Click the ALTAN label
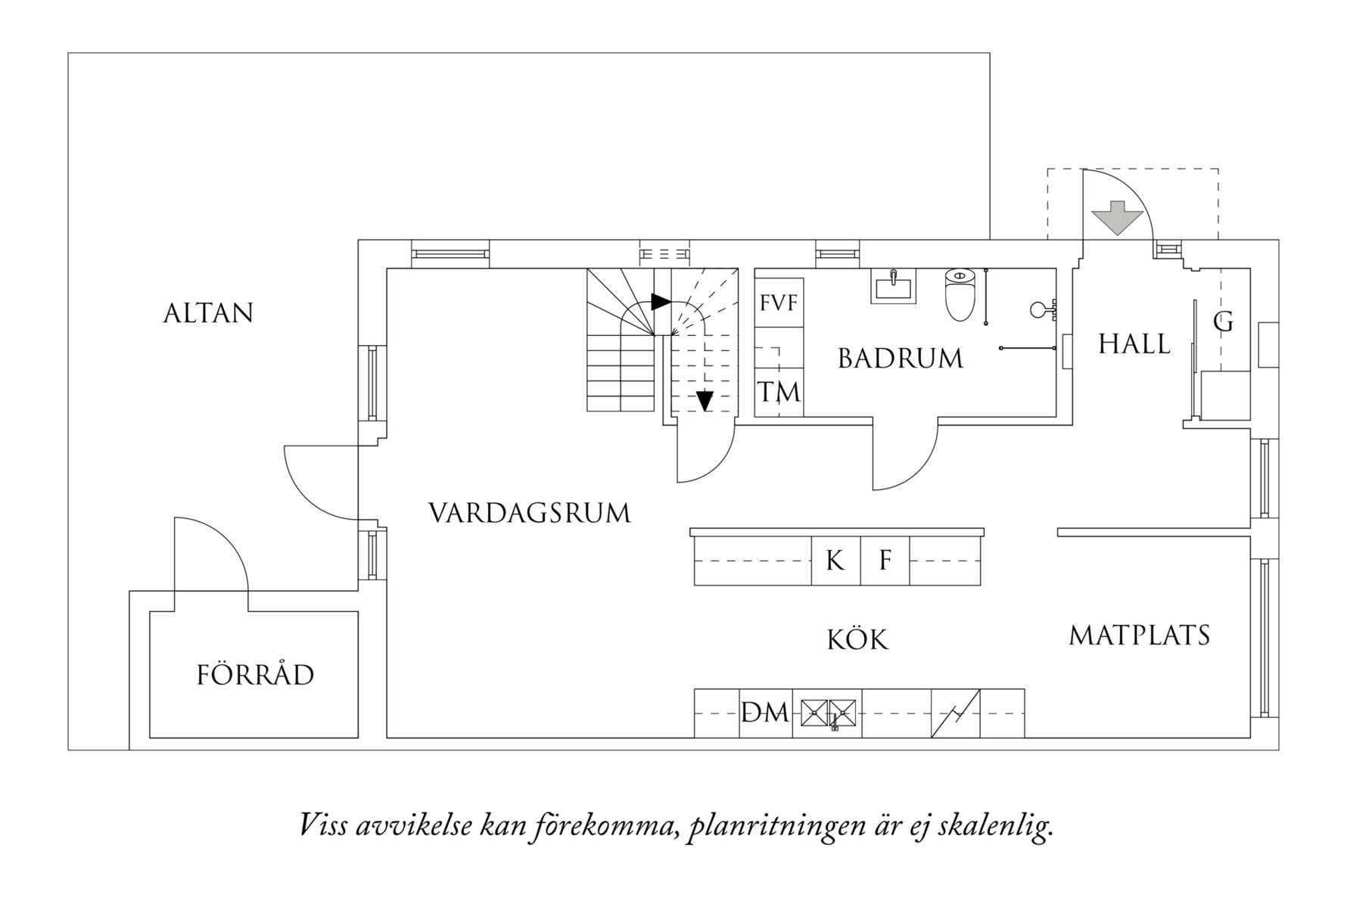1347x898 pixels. coord(208,313)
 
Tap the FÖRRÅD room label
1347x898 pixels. coord(255,675)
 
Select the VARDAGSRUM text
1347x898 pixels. coord(529,513)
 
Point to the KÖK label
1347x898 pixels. coord(857,640)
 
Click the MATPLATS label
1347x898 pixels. coord(1139,635)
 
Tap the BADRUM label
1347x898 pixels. coord(900,359)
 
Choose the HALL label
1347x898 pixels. coord(1134,344)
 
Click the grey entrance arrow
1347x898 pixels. coord(1117,217)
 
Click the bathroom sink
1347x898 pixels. coord(893,287)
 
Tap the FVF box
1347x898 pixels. coord(779,303)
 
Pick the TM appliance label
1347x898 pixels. coord(779,393)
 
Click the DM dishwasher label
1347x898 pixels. coord(765,713)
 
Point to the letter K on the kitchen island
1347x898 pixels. coord(835,561)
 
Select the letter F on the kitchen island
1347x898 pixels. coord(885,561)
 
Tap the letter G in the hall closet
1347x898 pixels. coord(1223,322)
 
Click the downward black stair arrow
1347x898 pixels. coord(705,400)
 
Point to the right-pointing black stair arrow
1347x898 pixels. coord(661,302)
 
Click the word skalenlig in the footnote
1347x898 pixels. coord(994,825)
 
